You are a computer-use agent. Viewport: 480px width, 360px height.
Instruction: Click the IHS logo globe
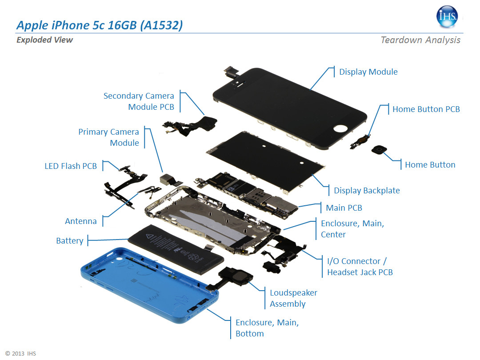[x=447, y=16]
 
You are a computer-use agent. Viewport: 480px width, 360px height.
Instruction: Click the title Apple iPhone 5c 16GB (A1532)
[x=100, y=25]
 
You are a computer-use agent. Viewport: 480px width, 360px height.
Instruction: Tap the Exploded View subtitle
[x=45, y=40]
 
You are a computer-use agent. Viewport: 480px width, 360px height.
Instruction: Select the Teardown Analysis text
[x=420, y=40]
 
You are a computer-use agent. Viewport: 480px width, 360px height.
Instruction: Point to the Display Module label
[x=368, y=72]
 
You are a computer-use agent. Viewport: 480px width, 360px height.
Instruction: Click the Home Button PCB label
[x=426, y=109]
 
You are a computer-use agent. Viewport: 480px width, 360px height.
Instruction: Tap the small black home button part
[x=379, y=150]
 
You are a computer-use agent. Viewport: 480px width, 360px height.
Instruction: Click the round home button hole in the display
[x=340, y=128]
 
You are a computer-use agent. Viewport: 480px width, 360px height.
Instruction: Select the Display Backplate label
[x=367, y=190]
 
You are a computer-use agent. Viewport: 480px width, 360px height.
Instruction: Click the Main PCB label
[x=344, y=208]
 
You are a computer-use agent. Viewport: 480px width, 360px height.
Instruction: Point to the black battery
[x=176, y=249]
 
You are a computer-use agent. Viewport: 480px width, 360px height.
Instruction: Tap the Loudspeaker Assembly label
[x=294, y=298]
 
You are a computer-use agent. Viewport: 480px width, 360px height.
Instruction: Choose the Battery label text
[x=69, y=240]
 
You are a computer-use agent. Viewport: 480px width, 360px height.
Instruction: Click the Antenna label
[x=81, y=221]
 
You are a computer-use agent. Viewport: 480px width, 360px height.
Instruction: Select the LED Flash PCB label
[x=71, y=166]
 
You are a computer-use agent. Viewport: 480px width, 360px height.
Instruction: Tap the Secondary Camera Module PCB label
[x=139, y=101]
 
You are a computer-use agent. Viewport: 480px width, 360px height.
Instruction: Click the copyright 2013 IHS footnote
[x=20, y=354]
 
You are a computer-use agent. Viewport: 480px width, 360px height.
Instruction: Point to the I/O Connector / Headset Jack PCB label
[x=360, y=267]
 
